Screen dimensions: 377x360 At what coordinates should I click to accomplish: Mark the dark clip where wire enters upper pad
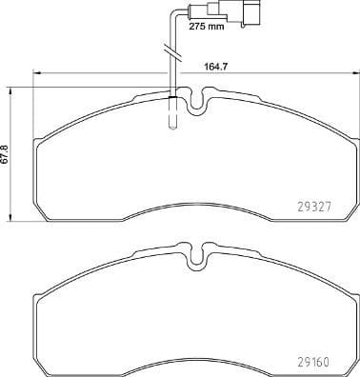[x=171, y=95]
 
